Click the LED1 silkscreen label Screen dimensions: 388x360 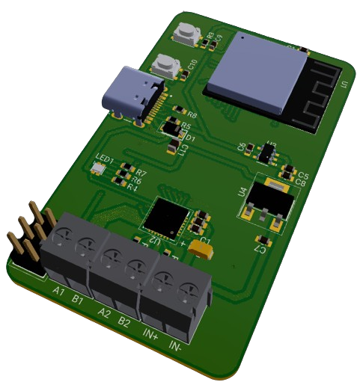pyautogui.click(x=105, y=160)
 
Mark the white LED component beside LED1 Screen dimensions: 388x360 pyautogui.click(x=98, y=170)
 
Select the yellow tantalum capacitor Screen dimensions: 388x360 pyautogui.click(x=200, y=248)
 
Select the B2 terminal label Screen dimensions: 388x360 pyautogui.click(x=124, y=322)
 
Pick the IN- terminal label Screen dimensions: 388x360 pyautogui.click(x=176, y=348)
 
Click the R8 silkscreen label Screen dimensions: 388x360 pyautogui.click(x=192, y=115)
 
